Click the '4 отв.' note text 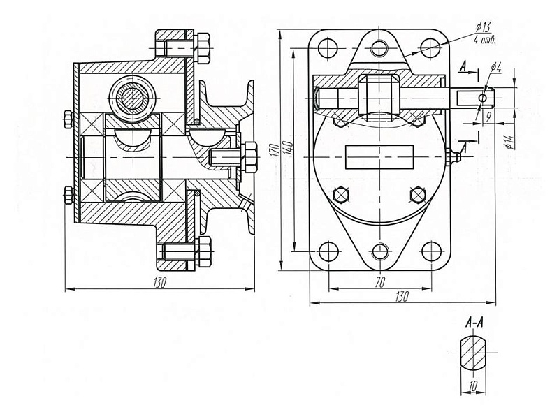485,39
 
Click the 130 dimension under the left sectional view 159,281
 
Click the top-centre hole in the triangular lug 379,48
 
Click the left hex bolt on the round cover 341,193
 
